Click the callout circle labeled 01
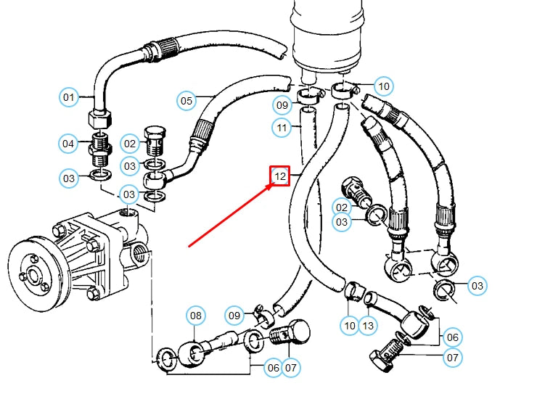coord(68,96)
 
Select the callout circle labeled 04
coord(68,144)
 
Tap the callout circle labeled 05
coord(187,100)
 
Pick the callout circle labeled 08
coord(196,316)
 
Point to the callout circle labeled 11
coord(282,128)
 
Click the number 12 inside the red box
coord(281,176)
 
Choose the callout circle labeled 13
coord(368,326)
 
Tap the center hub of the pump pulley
coord(33,276)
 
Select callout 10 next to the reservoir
coord(384,86)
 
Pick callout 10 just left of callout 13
coord(350,326)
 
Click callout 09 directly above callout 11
coord(282,105)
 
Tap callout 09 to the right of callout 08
coord(234,316)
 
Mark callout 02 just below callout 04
coord(130,144)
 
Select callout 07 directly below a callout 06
coord(452,357)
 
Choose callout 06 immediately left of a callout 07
coord(273,368)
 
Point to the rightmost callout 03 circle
coord(477,286)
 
